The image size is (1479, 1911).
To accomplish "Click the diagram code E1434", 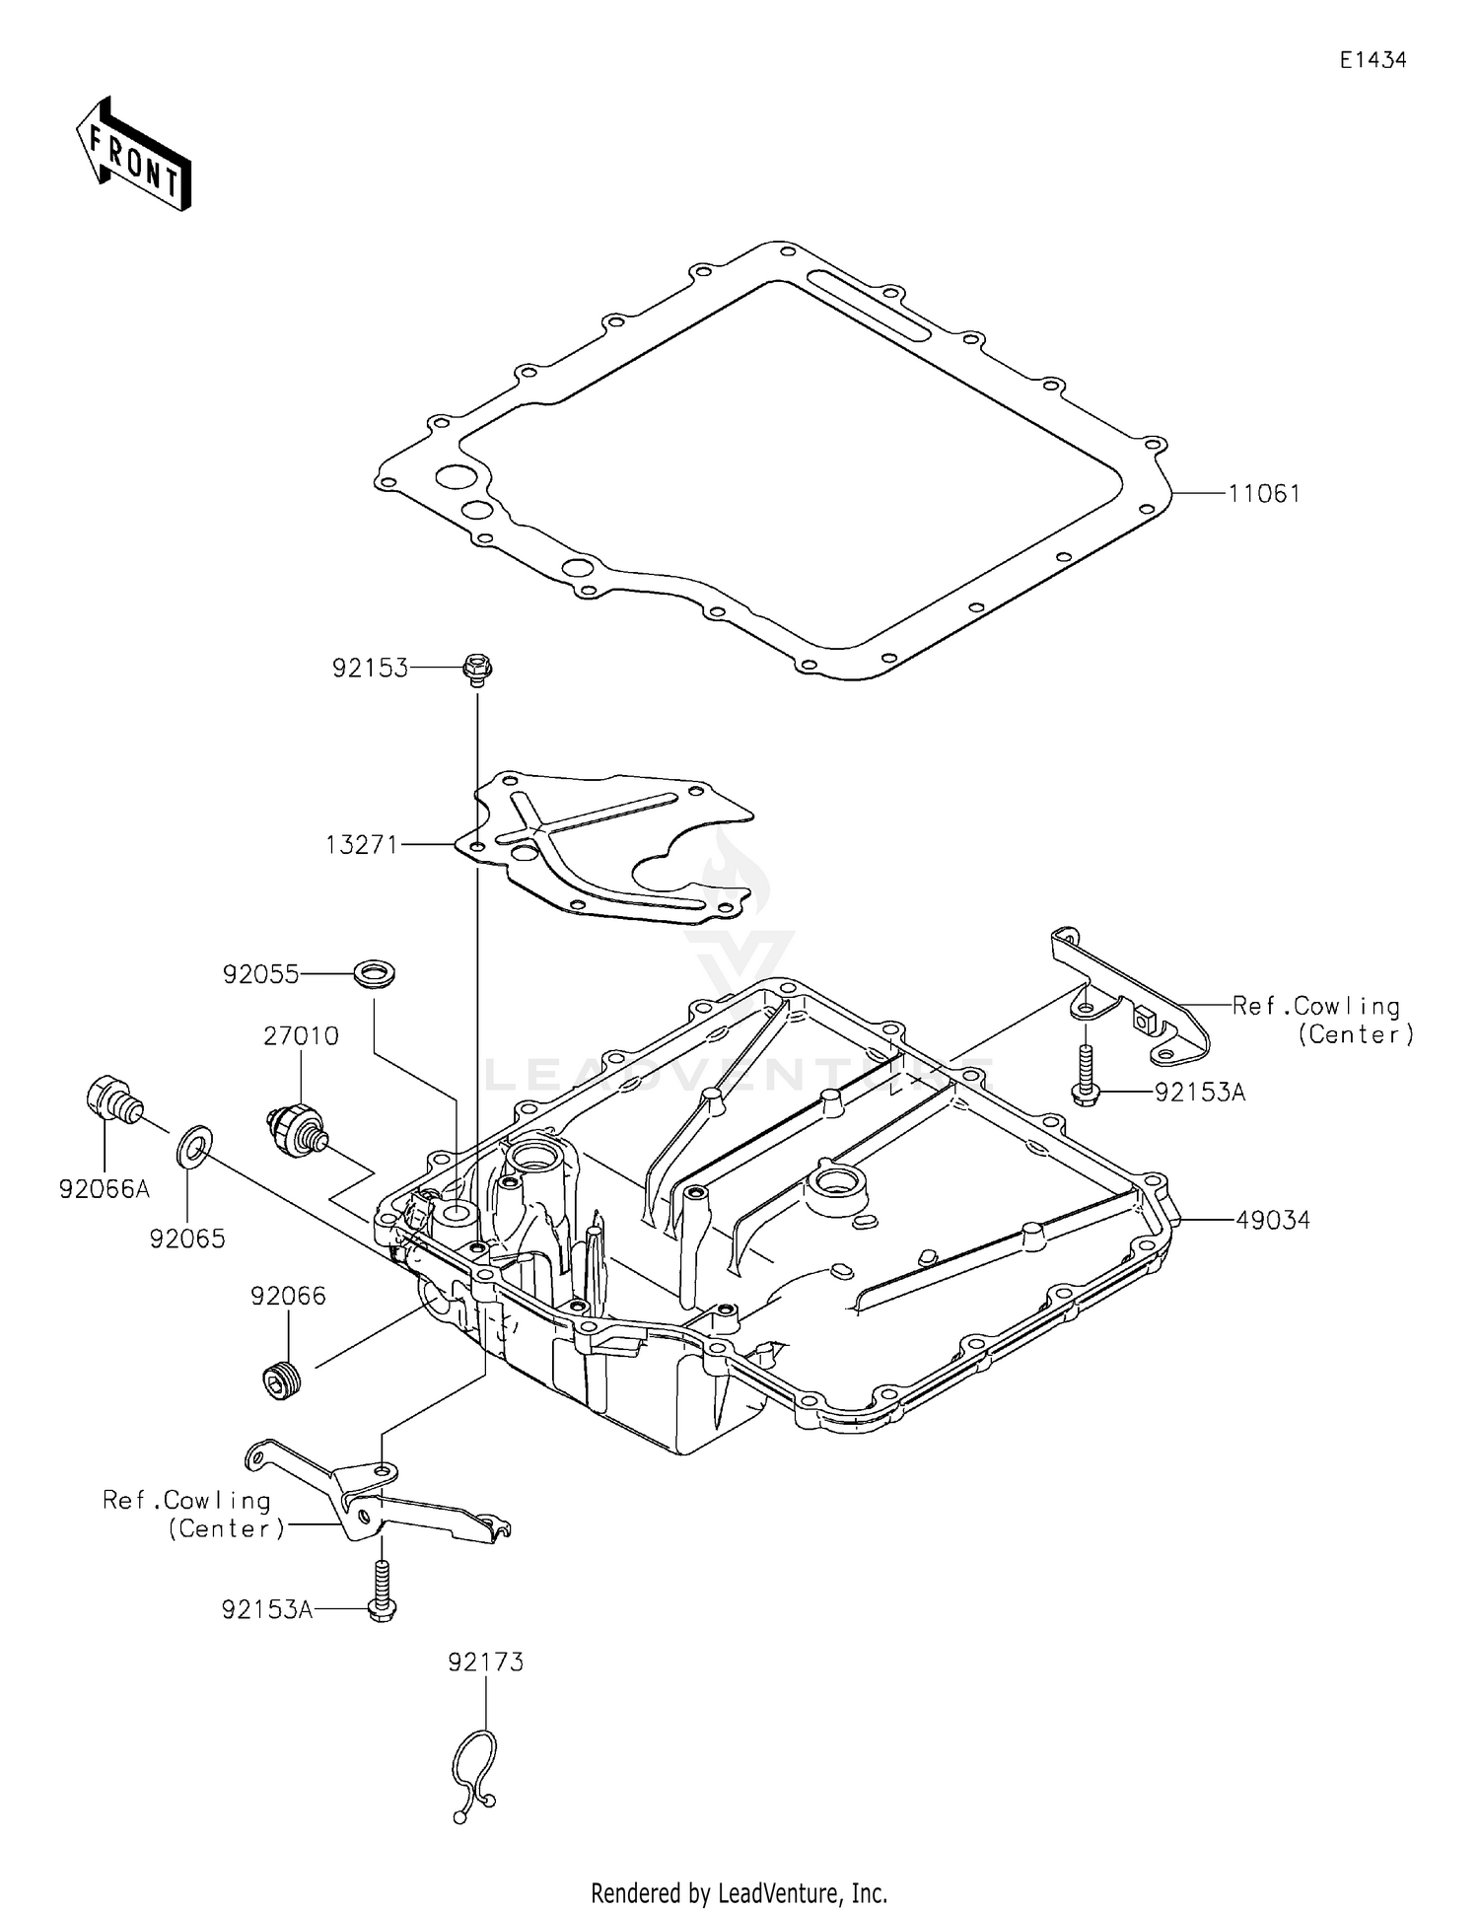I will pyautogui.click(x=1373, y=60).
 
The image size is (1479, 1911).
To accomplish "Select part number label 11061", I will pyautogui.click(x=1264, y=494).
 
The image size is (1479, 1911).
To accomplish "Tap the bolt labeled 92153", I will pyautogui.click(x=477, y=670).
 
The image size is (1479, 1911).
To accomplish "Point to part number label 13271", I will pyautogui.click(x=362, y=845).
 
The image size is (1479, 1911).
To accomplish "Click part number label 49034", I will pyautogui.click(x=1273, y=1221).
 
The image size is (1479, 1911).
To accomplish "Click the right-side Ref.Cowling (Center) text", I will pyautogui.click(x=1321, y=1020).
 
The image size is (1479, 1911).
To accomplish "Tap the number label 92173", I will pyautogui.click(x=485, y=1663).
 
